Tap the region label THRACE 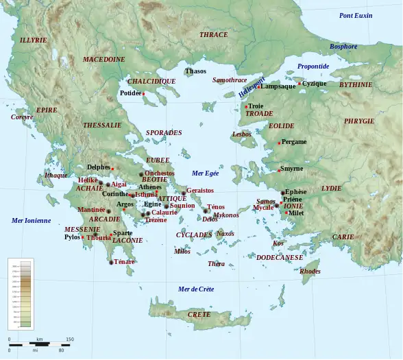(x=213, y=34)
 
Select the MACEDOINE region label (x=104, y=60)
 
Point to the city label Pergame (x=294, y=142)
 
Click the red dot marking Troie (x=246, y=107)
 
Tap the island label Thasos (x=195, y=71)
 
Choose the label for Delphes (x=98, y=167)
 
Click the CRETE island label (x=199, y=314)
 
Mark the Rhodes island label (x=310, y=271)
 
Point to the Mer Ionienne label (x=31, y=221)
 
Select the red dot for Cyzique (x=300, y=84)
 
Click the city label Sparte (x=123, y=233)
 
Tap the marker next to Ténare (x=111, y=262)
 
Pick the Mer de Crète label (x=196, y=289)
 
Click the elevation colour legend (x=20, y=293)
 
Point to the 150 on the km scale (x=70, y=339)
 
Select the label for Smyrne (x=291, y=168)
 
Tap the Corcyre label (x=22, y=117)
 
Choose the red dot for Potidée (x=144, y=94)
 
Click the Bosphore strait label (x=343, y=47)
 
